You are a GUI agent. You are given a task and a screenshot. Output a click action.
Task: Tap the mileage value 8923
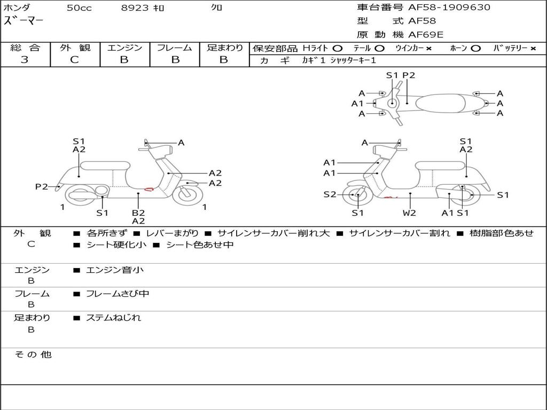pyautogui.click(x=135, y=8)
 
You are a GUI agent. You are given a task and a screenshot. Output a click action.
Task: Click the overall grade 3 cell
pyautogui.click(x=25, y=60)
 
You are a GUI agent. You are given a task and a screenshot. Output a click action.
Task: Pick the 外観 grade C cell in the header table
pyautogui.click(x=74, y=60)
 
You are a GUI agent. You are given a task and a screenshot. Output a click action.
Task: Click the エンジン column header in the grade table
pyautogui.click(x=124, y=48)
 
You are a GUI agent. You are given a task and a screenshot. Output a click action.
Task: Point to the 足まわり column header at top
pyautogui.click(x=224, y=48)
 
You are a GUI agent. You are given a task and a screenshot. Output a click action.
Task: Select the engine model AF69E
pyautogui.click(x=426, y=35)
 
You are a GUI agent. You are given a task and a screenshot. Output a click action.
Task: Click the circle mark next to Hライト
pyautogui.click(x=338, y=48)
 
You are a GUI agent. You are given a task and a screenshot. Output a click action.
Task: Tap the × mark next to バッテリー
pyautogui.click(x=533, y=48)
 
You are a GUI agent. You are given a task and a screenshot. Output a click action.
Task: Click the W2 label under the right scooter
pyautogui.click(x=410, y=212)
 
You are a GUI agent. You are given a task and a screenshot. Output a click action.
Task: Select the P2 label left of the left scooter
pyautogui.click(x=42, y=186)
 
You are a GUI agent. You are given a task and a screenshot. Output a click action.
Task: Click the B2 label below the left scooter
pyautogui.click(x=138, y=212)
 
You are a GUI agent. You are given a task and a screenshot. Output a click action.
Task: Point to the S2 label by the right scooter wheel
pyautogui.click(x=330, y=194)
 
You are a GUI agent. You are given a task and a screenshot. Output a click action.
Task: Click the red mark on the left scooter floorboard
pyautogui.click(x=150, y=188)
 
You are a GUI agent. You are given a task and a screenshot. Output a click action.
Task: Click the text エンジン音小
pyautogui.click(x=115, y=270)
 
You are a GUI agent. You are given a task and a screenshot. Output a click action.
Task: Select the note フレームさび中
pyautogui.click(x=118, y=294)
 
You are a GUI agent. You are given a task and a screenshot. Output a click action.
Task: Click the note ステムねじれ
pyautogui.click(x=114, y=318)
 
